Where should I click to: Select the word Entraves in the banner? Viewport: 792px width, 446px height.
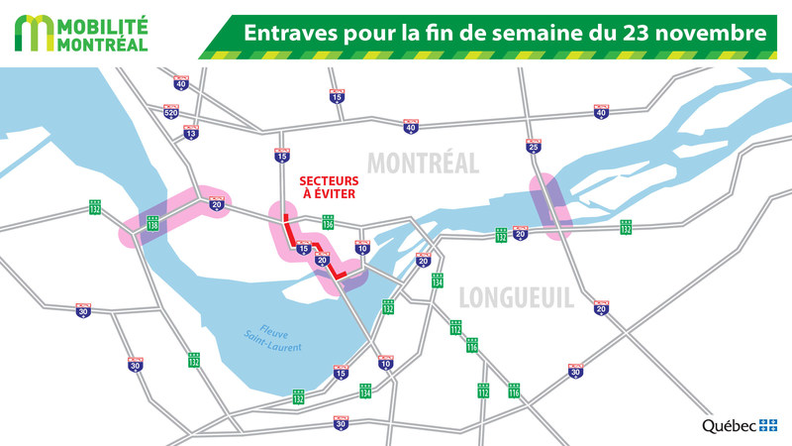[x=288, y=33]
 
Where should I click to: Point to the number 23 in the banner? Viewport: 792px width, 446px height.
[x=642, y=33]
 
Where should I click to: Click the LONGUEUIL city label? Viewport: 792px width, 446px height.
[x=515, y=296]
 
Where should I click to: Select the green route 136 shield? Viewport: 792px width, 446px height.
[x=328, y=222]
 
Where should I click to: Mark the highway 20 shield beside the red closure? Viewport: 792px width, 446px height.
[x=322, y=260]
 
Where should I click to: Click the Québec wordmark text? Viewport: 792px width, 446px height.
[x=730, y=425]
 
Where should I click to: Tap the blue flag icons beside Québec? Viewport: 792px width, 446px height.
[x=769, y=425]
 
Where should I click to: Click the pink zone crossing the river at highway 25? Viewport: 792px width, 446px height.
[x=546, y=206]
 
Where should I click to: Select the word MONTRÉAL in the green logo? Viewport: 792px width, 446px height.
[x=104, y=44]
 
